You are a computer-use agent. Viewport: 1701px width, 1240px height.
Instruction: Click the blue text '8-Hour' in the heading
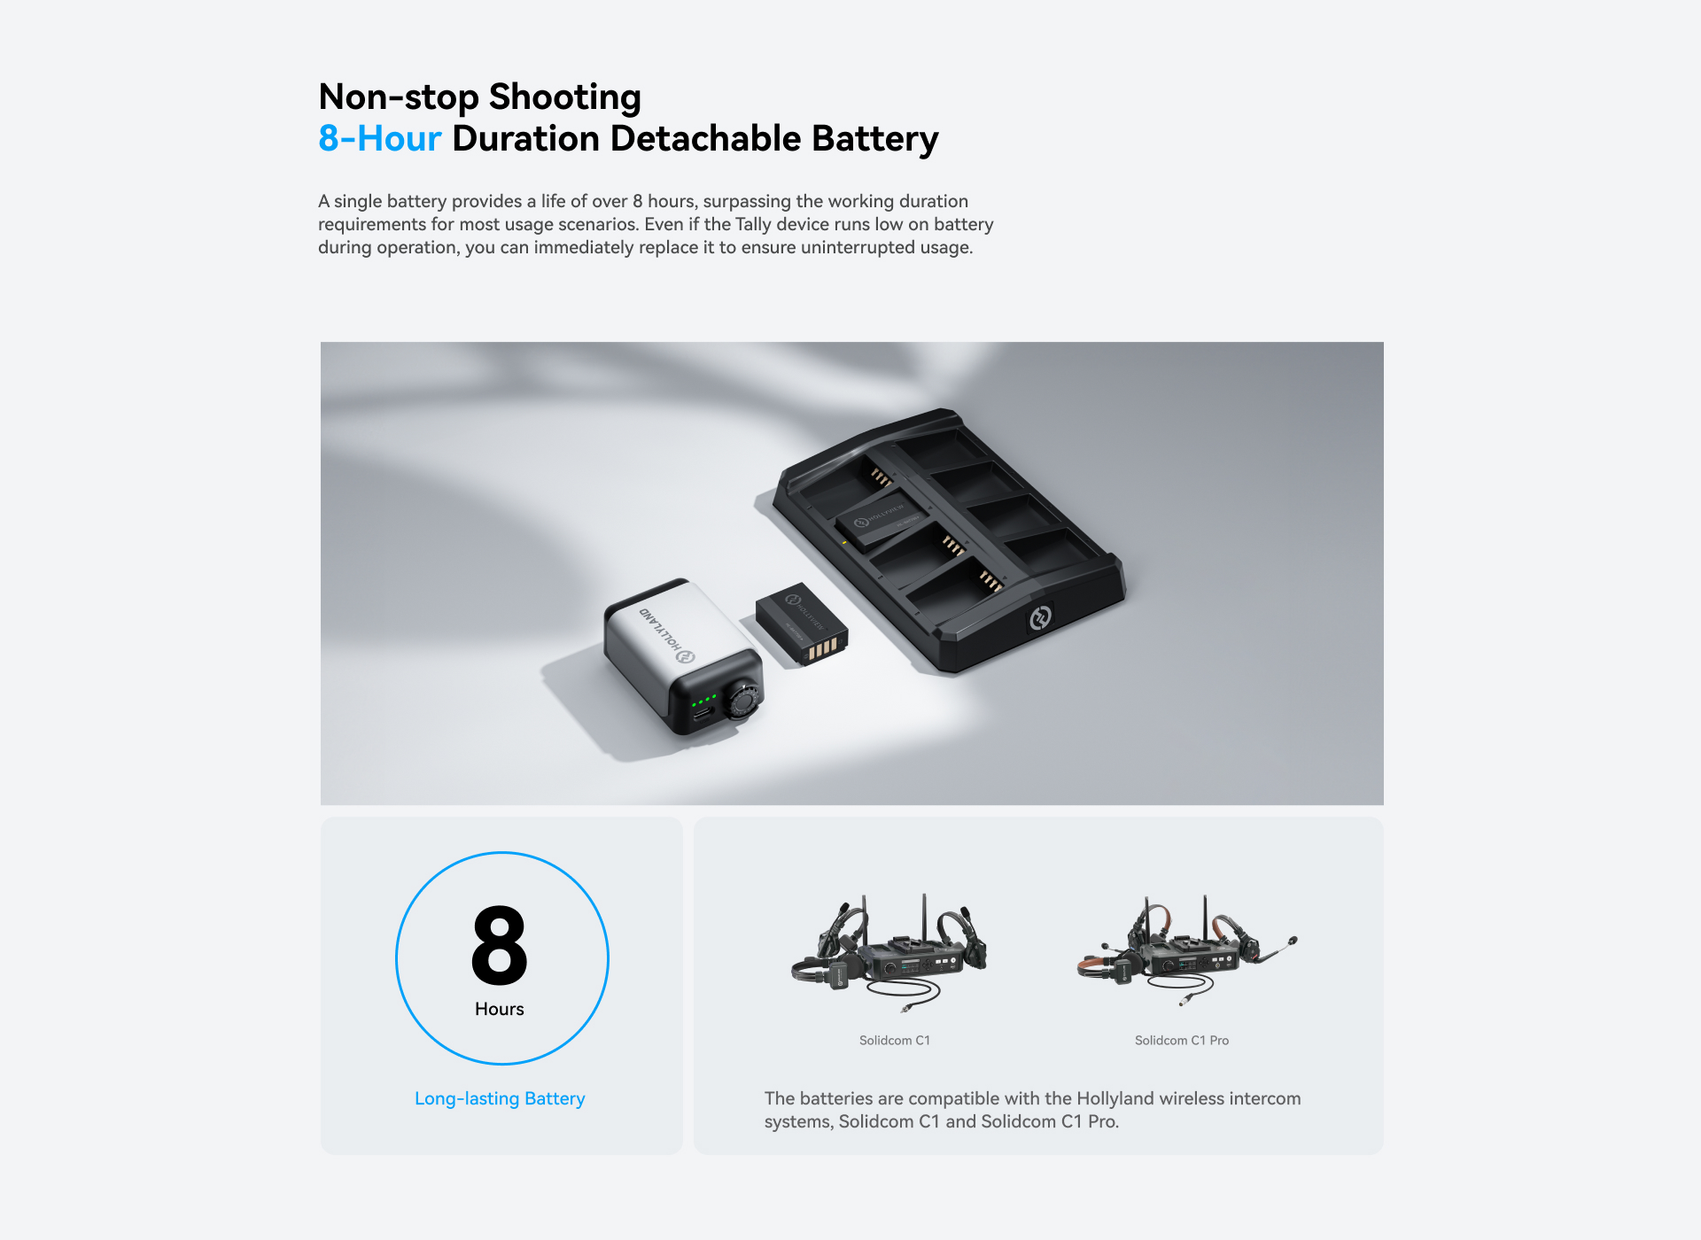tap(379, 139)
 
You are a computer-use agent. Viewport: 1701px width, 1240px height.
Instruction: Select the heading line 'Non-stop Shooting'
tap(479, 97)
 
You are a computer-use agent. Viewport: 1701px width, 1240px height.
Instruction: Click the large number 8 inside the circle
tap(500, 945)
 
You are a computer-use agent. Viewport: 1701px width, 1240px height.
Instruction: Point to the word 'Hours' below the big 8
tap(500, 1009)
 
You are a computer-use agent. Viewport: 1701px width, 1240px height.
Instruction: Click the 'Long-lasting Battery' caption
tap(500, 1098)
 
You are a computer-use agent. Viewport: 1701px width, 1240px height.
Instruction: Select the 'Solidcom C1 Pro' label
tap(1182, 1040)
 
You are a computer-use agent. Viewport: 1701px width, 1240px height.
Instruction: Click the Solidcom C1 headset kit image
tap(889, 953)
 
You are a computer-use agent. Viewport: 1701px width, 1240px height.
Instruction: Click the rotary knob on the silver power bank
tap(742, 700)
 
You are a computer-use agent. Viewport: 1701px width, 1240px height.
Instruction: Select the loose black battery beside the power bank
tap(802, 624)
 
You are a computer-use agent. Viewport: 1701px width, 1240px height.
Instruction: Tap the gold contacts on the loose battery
tap(823, 649)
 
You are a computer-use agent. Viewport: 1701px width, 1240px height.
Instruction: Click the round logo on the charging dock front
tap(1040, 617)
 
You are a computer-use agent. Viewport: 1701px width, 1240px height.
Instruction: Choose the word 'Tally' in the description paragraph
tap(753, 224)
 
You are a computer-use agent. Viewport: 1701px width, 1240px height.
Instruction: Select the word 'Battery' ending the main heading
tap(875, 140)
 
